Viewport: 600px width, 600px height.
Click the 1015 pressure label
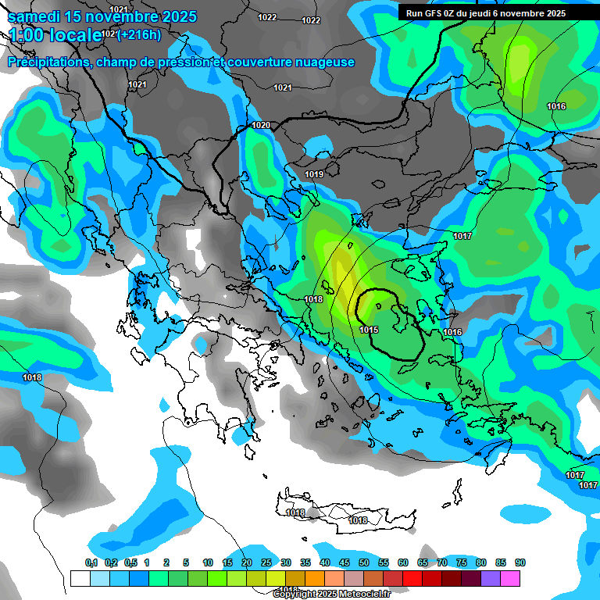click(x=369, y=330)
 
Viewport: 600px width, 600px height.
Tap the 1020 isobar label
click(x=261, y=126)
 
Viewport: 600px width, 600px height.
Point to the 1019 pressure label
click(x=314, y=174)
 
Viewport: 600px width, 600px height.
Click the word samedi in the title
click(x=37, y=16)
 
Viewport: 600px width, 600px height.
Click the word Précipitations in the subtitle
click(x=46, y=62)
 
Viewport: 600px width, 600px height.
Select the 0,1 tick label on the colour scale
click(x=91, y=563)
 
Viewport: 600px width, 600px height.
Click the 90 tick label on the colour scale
click(x=520, y=563)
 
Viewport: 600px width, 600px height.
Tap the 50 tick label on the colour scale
click(x=364, y=563)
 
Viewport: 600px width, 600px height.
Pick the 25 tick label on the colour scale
click(x=266, y=563)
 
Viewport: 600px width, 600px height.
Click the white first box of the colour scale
click(x=80, y=578)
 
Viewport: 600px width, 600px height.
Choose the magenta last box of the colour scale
click(x=510, y=578)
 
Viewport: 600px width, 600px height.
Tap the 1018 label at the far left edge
click(x=32, y=378)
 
